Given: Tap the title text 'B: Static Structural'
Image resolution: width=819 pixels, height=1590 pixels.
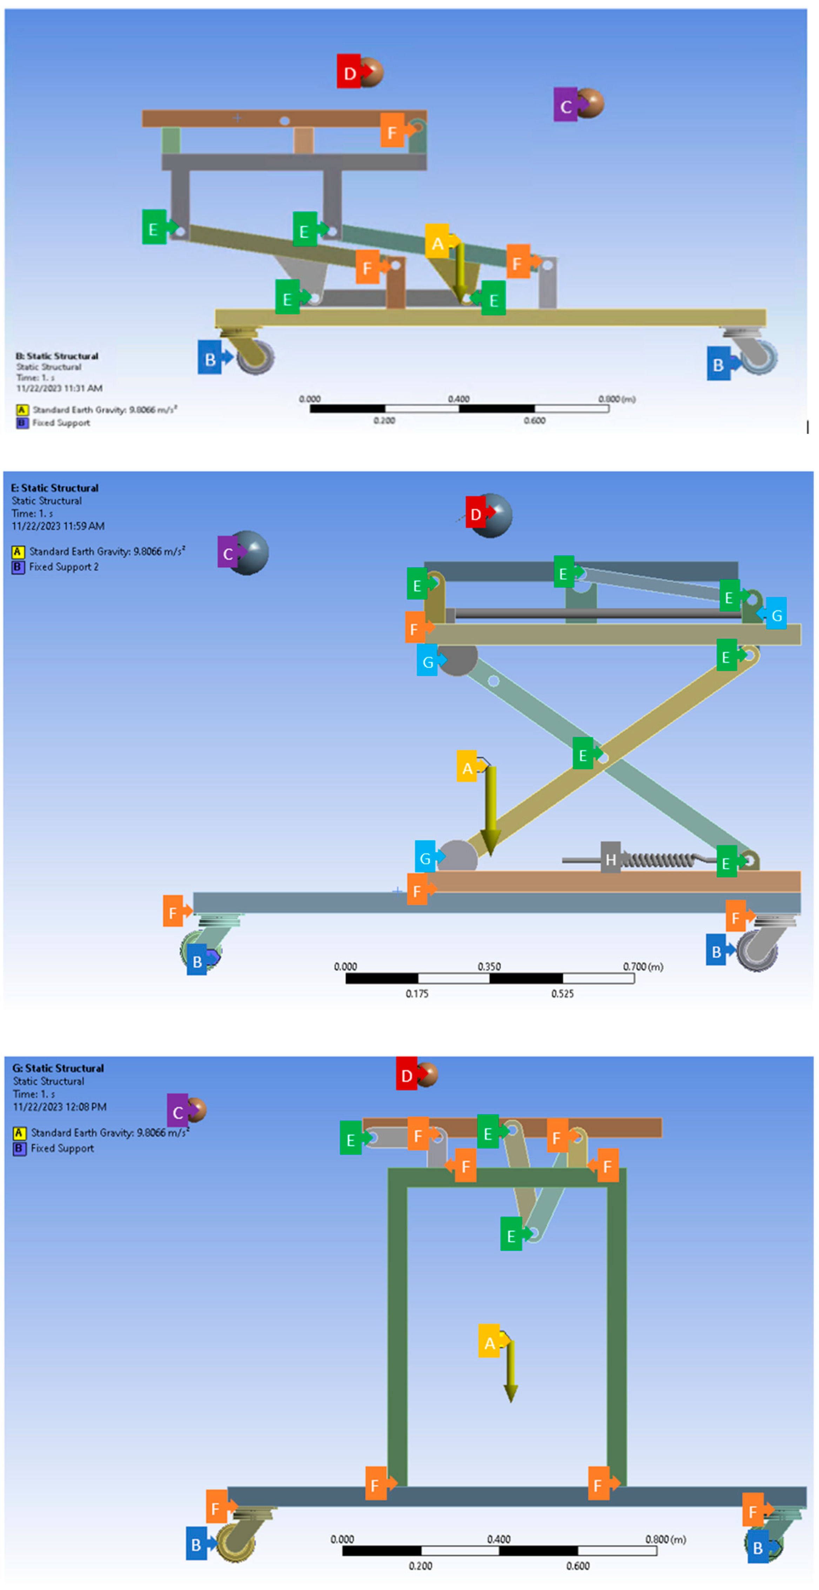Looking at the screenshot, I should point(57,356).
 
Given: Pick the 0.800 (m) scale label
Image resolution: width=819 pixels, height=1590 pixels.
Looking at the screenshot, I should point(616,399).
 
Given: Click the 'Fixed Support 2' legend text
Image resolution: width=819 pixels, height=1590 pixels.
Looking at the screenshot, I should point(63,567).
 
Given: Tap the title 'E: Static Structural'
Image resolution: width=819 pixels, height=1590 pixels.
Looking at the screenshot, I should point(55,488).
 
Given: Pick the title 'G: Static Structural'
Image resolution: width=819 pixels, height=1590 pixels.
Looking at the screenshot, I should point(58,1068).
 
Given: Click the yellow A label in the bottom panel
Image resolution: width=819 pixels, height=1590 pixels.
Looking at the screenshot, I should point(489,1343).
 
